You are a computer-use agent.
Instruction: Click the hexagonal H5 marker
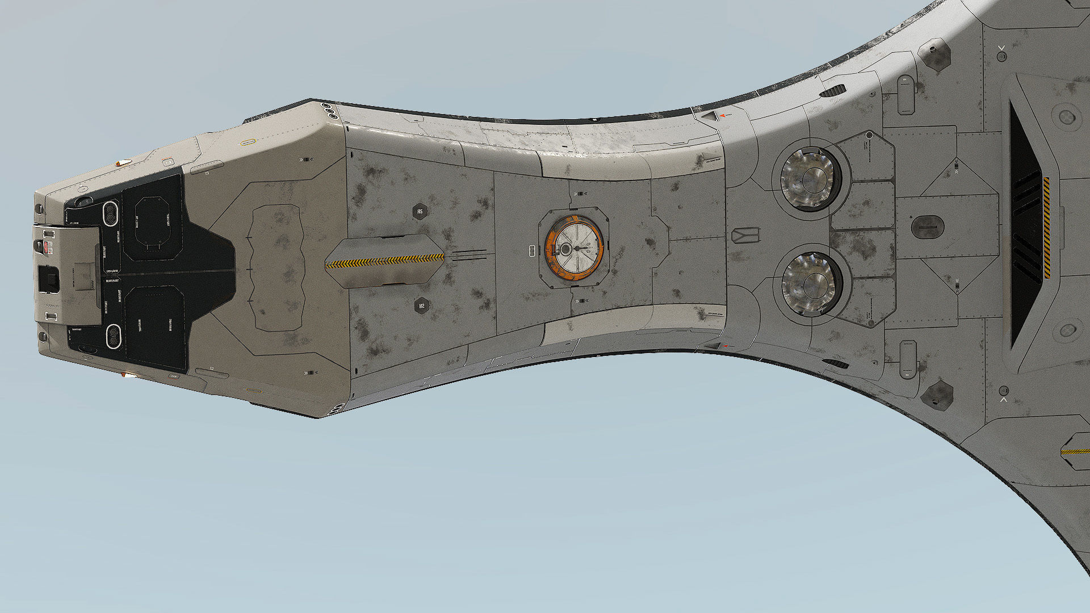(420, 212)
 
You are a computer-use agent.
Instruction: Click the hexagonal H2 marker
(421, 306)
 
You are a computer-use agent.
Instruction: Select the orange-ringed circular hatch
(574, 248)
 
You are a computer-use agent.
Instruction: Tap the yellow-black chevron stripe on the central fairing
(384, 261)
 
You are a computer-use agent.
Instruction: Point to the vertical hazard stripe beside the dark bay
(1046, 227)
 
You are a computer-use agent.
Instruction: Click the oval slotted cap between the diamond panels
(927, 227)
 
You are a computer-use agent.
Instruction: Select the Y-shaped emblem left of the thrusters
(745, 236)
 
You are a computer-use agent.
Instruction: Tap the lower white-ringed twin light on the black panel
(114, 336)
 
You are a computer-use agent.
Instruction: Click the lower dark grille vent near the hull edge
(835, 363)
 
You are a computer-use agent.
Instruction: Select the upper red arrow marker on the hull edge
(723, 116)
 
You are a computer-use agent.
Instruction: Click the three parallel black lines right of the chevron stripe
(470, 255)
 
